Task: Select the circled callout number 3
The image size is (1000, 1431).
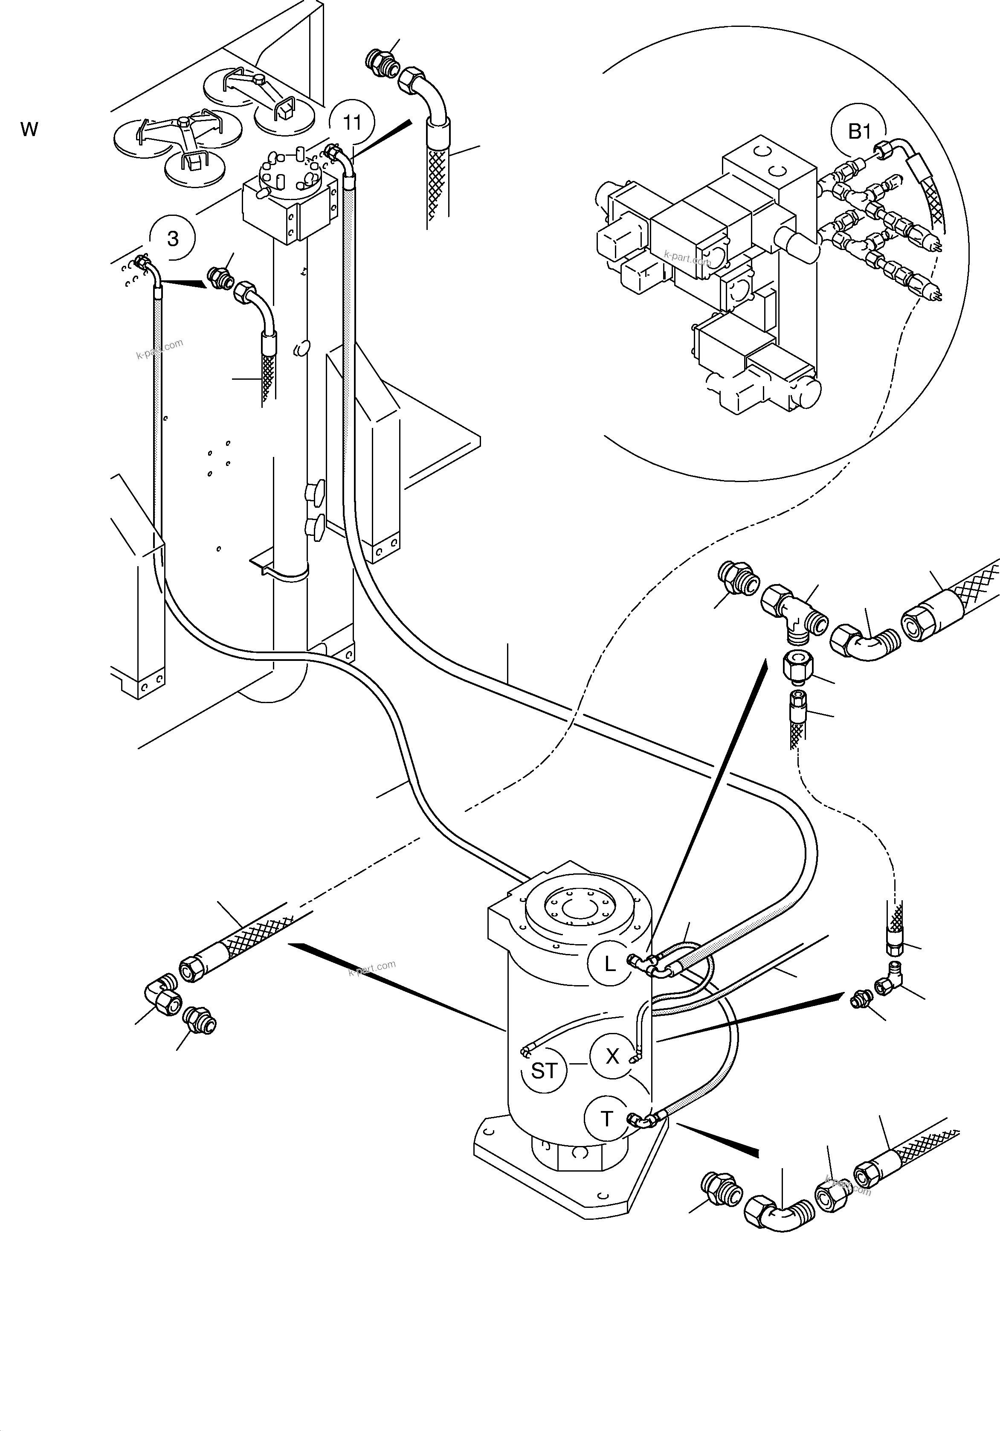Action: (x=173, y=238)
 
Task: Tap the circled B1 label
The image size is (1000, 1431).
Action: (x=859, y=131)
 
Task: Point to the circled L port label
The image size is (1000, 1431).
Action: (x=610, y=963)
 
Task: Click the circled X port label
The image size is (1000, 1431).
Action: (x=612, y=1056)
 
